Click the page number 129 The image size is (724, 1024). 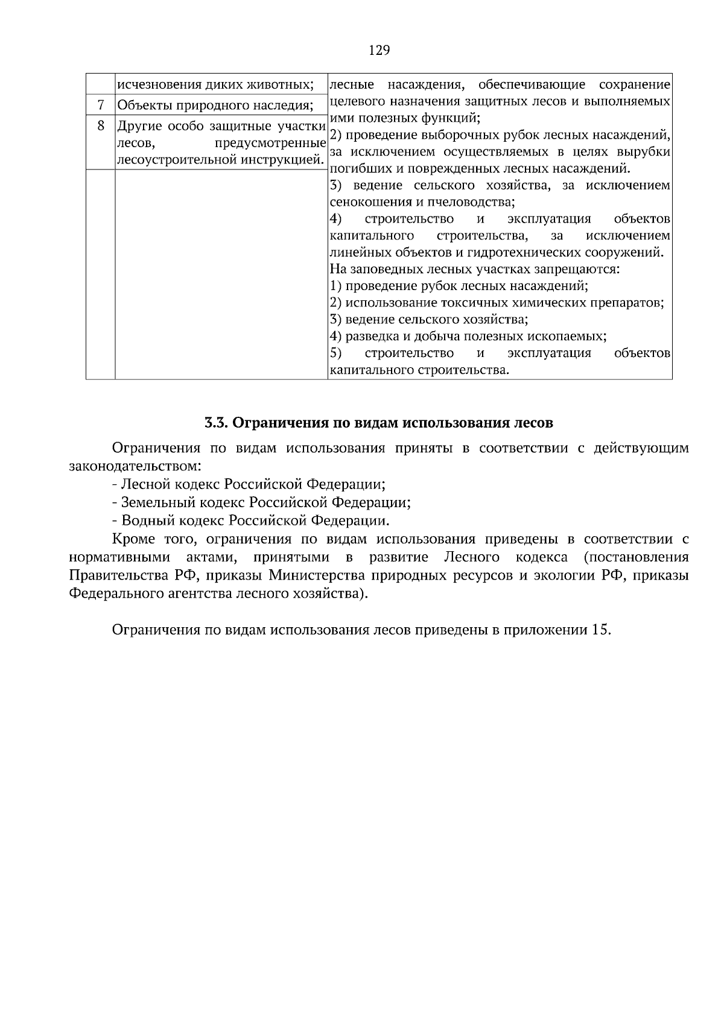379,50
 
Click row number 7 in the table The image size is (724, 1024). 101,106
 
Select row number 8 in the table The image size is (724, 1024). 101,126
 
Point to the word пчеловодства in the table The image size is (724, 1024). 476,202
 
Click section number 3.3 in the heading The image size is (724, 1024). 215,423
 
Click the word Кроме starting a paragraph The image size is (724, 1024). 132,539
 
